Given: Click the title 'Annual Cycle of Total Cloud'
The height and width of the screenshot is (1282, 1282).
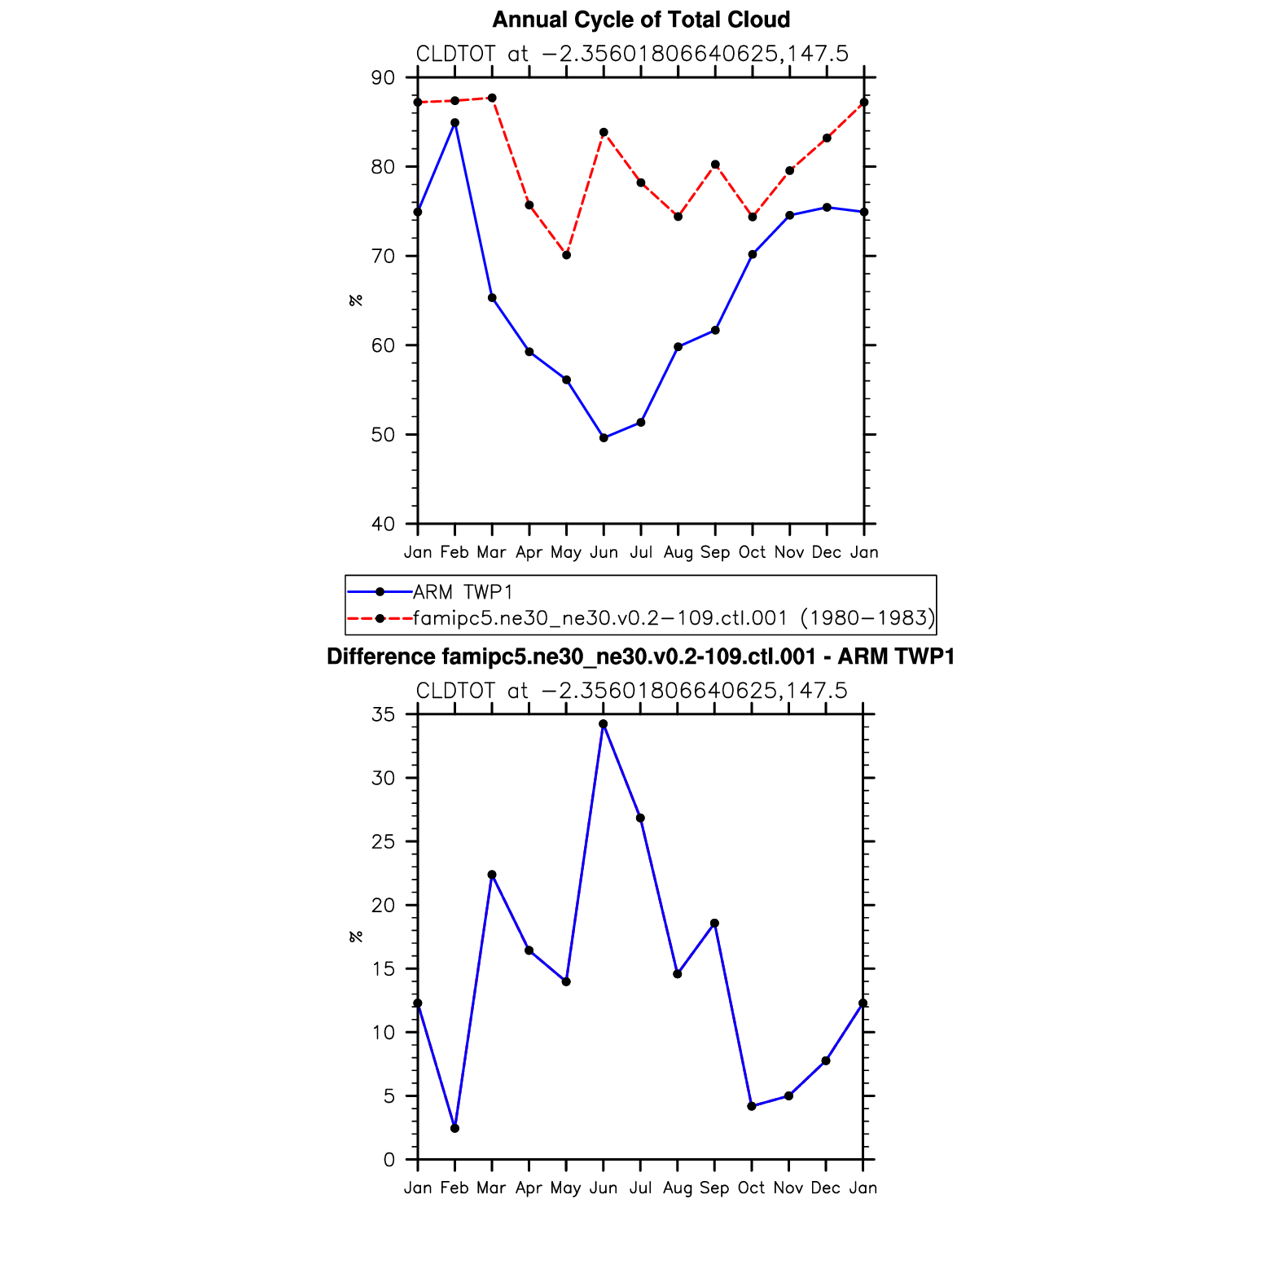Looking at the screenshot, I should coord(641,20).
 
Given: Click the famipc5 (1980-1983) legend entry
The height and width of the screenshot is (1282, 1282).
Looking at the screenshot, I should coord(674,618).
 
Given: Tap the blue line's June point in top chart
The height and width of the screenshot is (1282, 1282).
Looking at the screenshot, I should coord(604,438).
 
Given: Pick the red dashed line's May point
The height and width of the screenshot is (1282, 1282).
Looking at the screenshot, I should coord(567,255).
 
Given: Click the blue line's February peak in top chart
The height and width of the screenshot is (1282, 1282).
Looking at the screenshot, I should coord(455,123).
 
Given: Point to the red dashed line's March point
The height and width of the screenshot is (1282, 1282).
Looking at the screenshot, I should coord(492,98).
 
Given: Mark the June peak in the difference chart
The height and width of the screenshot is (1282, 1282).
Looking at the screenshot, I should coord(604,724).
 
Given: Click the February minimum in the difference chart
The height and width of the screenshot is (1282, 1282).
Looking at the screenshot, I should coord(454,1128).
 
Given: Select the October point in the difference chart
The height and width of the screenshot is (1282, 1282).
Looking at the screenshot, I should coord(752,1106).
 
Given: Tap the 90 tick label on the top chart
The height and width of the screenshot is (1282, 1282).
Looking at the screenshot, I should coord(383,78).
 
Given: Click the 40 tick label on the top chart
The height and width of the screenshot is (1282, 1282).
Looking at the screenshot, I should coord(383,524).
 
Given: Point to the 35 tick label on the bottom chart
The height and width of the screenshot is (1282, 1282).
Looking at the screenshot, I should coord(383,715).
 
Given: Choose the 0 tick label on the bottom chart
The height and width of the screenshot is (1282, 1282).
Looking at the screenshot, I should coord(389,1160).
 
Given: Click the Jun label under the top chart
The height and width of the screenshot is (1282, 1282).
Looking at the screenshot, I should coord(604,552).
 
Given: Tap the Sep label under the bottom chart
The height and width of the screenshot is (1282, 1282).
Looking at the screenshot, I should coord(714,1188).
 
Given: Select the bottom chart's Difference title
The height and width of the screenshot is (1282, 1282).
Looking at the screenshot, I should coord(640,656).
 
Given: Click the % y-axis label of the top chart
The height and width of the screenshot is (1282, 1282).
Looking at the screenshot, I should coord(355,301).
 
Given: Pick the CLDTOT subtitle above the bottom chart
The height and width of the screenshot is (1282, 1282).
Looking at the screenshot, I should coord(632,691).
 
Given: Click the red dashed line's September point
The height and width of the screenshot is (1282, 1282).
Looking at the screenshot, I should coord(715,165).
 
